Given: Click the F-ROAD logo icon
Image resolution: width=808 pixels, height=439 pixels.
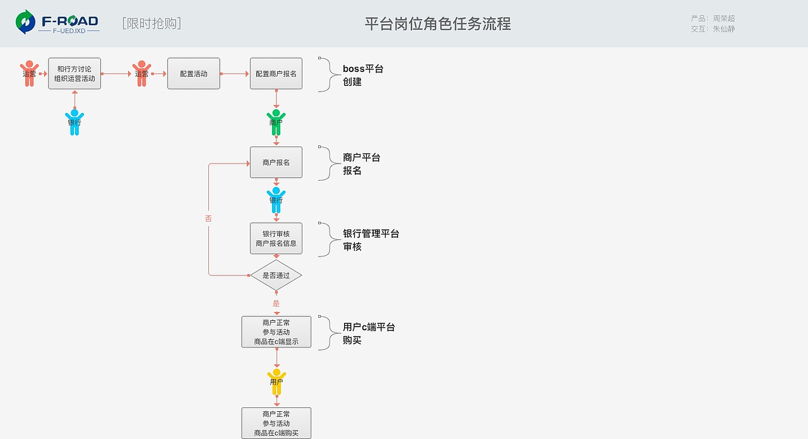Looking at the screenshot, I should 26,22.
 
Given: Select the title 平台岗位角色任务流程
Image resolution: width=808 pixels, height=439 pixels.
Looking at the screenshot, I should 437,24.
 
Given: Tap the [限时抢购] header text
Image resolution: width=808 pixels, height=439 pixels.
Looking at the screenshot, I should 151,23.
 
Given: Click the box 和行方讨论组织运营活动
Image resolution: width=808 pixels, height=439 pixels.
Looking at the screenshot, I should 74,74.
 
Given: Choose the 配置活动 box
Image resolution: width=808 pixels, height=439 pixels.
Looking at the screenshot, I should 193,74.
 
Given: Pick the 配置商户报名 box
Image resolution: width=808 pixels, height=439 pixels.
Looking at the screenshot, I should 276,74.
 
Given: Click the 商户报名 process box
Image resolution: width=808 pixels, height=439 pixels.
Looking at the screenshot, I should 276,162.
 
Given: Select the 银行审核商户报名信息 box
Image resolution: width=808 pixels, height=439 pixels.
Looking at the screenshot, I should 276,238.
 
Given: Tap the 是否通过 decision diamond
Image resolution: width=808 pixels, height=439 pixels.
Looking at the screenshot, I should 276,275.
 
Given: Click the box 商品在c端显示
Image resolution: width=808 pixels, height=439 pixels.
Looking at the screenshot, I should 276,332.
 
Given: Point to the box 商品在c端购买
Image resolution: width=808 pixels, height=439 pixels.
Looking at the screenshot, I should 276,423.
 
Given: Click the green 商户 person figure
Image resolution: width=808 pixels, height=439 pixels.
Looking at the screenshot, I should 276,123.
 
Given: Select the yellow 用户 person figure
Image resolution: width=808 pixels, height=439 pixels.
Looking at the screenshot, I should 276,382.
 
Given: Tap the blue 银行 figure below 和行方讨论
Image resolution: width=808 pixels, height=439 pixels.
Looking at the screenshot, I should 74,123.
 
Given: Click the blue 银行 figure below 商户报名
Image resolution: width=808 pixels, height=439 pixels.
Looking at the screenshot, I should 276,200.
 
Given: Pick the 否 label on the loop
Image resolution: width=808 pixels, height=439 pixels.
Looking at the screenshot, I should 208,219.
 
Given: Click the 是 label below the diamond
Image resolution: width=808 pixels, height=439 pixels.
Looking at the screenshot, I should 276,304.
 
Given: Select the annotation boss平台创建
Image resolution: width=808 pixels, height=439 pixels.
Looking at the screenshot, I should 363,75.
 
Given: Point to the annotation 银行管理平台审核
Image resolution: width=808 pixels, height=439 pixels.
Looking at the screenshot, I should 371,240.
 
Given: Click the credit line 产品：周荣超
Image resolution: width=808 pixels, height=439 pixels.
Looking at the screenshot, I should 713,18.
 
